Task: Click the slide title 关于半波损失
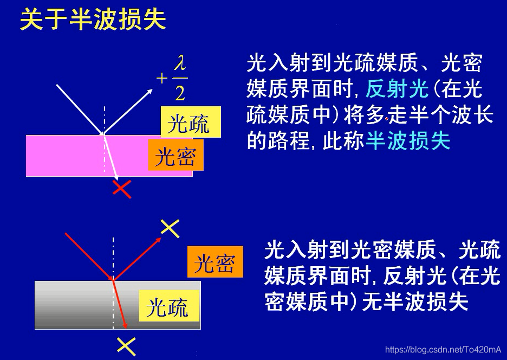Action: pyautogui.click(x=93, y=20)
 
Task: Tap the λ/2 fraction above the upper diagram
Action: pyautogui.click(x=180, y=79)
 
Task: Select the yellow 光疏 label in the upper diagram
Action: pyautogui.click(x=189, y=124)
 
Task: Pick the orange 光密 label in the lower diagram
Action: pyautogui.click(x=215, y=263)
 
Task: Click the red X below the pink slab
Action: pyautogui.click(x=122, y=188)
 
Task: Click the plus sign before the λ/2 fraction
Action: pyautogui.click(x=162, y=79)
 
